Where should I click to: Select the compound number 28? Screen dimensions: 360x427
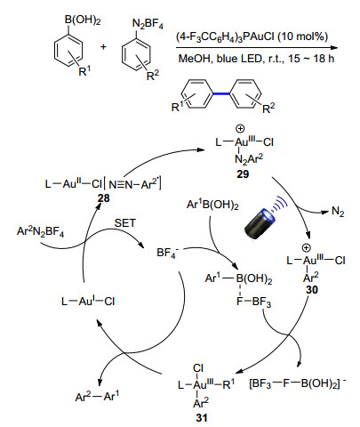tap(103, 198)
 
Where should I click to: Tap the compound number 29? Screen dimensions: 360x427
tap(243, 174)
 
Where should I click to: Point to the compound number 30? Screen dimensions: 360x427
tap(312, 290)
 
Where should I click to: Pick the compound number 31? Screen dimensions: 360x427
tap(202, 418)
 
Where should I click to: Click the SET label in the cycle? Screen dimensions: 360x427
tap(125, 223)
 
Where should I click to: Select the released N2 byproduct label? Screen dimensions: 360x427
tap(338, 212)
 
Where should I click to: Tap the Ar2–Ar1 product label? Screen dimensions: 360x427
tap(97, 397)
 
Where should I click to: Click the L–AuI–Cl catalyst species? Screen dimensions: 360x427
tap(88, 302)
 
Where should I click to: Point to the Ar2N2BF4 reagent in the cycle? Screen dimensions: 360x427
tap(40, 231)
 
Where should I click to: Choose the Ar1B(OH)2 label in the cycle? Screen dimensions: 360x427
tap(212, 205)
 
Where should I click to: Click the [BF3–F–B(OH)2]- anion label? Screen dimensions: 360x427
tap(298, 383)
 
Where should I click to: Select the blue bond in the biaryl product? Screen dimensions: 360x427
tap(221, 94)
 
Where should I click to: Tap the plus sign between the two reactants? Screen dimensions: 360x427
tap(103, 46)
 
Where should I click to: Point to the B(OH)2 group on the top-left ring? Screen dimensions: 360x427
tap(83, 21)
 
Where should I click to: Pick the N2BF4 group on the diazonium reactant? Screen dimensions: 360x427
tap(148, 24)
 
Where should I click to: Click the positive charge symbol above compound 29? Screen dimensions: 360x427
tap(240, 129)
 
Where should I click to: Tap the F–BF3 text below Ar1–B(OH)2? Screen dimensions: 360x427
tap(253, 302)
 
